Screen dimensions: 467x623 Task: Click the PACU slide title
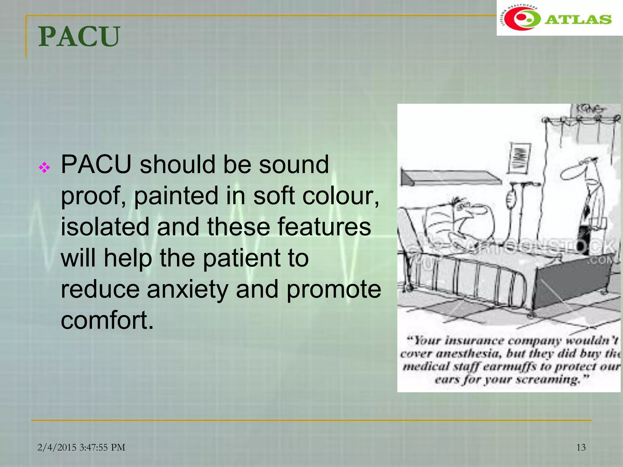(x=79, y=37)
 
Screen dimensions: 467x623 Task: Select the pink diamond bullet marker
(x=44, y=168)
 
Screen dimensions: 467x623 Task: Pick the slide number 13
(x=581, y=447)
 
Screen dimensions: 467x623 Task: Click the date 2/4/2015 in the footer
(x=57, y=448)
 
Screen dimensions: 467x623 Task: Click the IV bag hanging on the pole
(x=511, y=199)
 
